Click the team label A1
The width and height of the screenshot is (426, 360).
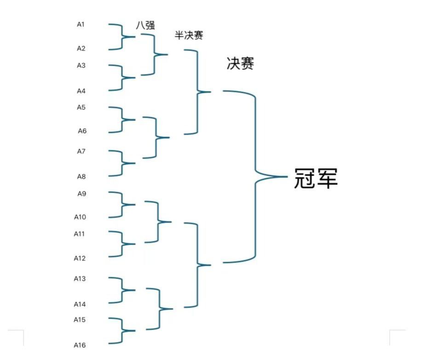click(81, 24)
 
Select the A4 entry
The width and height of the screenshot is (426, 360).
click(81, 91)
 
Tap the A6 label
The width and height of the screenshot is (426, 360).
click(82, 131)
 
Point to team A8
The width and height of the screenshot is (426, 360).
click(81, 177)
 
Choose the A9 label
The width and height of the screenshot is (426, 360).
click(81, 194)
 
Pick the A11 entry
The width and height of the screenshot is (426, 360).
click(80, 234)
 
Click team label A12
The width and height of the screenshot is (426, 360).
click(80, 258)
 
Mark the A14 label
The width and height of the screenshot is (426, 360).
click(80, 304)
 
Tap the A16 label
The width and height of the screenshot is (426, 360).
click(80, 345)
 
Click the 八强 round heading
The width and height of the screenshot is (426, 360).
click(145, 25)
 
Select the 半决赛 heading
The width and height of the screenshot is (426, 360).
click(189, 35)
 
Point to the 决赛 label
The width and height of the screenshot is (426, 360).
click(240, 64)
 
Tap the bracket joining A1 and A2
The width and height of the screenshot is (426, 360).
click(122, 37)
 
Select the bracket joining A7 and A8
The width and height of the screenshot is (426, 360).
click(122, 163)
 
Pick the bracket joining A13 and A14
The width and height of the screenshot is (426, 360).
click(122, 290)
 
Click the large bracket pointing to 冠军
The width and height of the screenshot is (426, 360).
click(255, 177)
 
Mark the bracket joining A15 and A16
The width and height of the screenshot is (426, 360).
click(122, 331)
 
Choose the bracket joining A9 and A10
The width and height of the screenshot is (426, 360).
click(122, 205)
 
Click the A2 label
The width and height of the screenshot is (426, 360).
click(81, 48)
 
